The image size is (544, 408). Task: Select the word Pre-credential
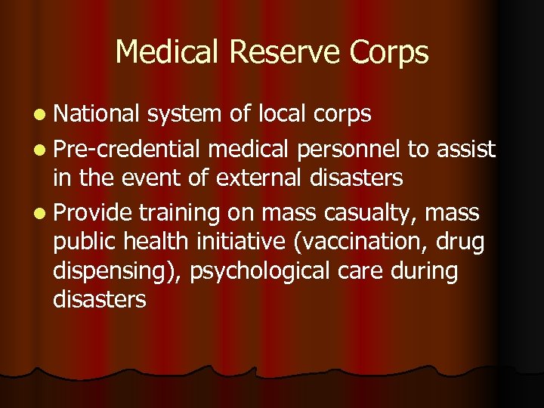(128, 150)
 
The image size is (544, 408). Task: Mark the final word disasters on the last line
(99, 300)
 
